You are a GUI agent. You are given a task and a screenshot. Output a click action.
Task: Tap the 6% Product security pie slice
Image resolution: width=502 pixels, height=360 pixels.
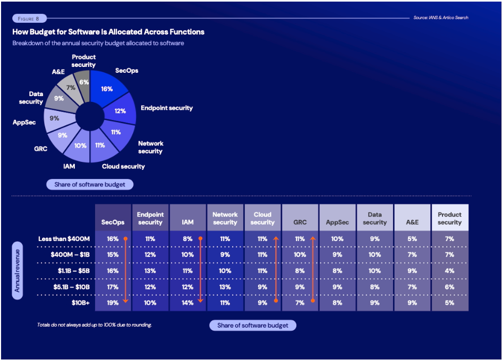[x=83, y=82]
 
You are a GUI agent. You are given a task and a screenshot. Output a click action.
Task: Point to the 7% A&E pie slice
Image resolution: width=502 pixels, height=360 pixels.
[x=71, y=88]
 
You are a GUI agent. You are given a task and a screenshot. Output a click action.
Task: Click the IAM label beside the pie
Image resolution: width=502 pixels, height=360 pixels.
[x=69, y=166]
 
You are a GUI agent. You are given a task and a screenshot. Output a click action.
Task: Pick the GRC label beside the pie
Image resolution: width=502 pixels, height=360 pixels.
[x=40, y=149]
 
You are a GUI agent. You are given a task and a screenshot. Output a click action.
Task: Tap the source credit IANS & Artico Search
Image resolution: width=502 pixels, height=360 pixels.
[x=440, y=18]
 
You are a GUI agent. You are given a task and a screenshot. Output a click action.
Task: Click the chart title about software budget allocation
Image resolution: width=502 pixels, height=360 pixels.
[x=108, y=32]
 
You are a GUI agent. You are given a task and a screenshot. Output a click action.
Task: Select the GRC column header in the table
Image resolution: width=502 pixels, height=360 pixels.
[x=300, y=222]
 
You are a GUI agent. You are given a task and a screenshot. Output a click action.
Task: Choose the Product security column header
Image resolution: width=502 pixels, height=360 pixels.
[x=449, y=218]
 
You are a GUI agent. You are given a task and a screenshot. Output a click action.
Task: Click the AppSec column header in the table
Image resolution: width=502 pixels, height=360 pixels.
[x=337, y=222]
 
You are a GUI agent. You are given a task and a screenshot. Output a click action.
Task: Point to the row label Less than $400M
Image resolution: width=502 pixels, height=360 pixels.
[x=64, y=239]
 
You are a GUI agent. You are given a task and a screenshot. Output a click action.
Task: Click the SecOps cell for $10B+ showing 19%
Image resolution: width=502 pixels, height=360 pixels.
[x=113, y=303]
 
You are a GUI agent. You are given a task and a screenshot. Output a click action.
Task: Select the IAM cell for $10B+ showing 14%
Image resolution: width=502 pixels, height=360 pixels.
[x=188, y=303]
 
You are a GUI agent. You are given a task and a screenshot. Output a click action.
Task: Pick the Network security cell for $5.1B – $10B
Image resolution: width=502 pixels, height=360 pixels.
[x=225, y=287]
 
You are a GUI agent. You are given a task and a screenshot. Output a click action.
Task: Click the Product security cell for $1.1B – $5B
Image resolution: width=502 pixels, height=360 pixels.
[x=449, y=271]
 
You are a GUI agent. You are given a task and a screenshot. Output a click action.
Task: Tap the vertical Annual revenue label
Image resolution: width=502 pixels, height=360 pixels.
[x=18, y=271]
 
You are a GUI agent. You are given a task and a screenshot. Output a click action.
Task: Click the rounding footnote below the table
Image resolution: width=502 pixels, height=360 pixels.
[x=95, y=324]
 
